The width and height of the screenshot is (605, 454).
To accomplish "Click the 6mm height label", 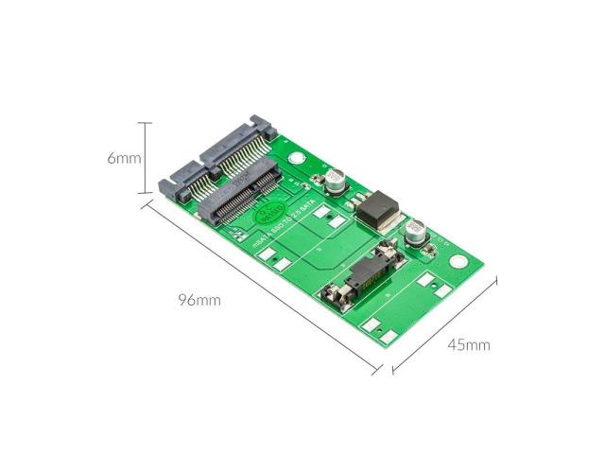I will [x=123, y=158].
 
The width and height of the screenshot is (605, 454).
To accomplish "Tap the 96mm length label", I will [x=199, y=301].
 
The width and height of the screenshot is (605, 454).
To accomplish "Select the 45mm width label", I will [x=469, y=344].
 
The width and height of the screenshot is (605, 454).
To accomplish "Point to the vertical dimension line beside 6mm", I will [x=145, y=159].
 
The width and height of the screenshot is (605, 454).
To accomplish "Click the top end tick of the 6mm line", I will [x=145, y=123].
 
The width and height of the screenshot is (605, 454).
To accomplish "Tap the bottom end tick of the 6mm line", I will [x=145, y=195].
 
